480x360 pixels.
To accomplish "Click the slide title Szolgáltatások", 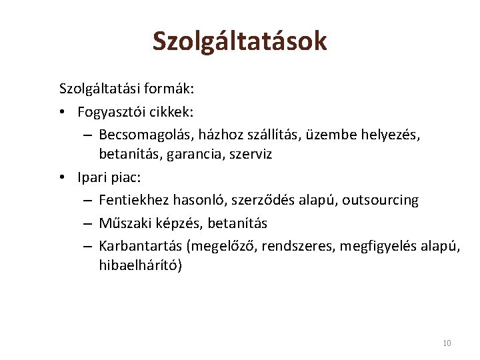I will pos(239,41).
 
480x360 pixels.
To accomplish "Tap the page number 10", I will pos(447,343).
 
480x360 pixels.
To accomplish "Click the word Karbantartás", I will pos(141,246).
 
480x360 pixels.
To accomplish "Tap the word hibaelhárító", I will pos(139,265).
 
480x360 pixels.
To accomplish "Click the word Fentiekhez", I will pos(133,200).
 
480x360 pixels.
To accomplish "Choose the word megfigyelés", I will pos(379,246).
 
